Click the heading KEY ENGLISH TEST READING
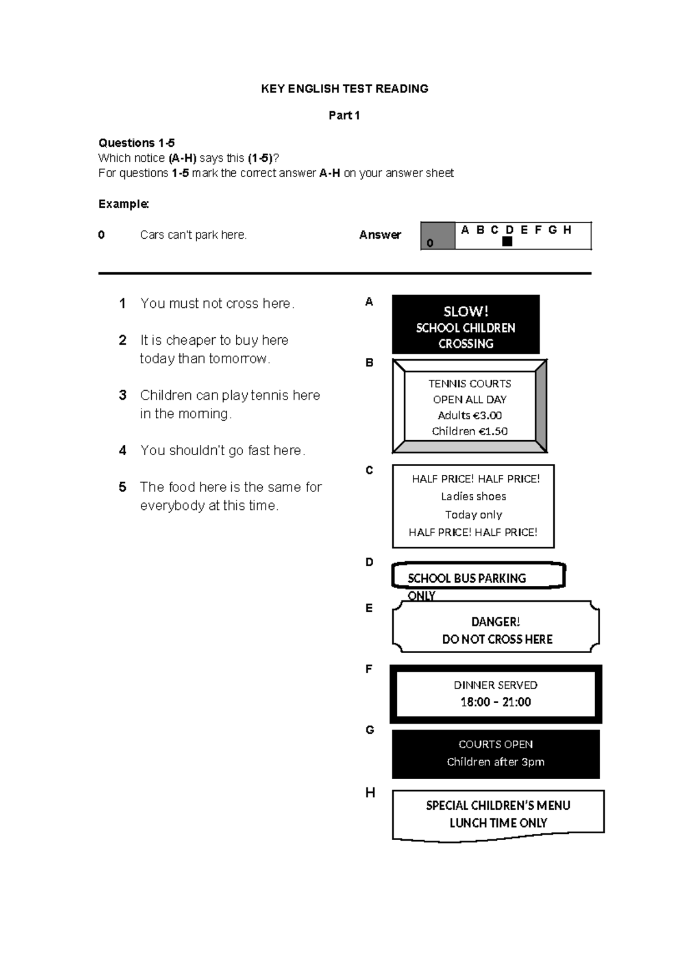(x=344, y=89)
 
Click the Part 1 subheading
(x=344, y=115)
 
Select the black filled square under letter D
(x=507, y=242)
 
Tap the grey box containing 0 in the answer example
(x=438, y=236)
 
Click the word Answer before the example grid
(x=379, y=235)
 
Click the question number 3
(x=122, y=395)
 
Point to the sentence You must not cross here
(x=217, y=304)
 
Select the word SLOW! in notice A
(x=466, y=311)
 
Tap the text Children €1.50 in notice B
(x=469, y=432)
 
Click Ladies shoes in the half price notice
(x=473, y=497)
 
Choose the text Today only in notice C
(x=473, y=515)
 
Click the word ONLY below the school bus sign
(x=421, y=596)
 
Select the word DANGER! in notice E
(x=495, y=622)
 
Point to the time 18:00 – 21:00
(x=495, y=702)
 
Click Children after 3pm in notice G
(x=495, y=762)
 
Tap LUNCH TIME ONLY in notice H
(x=498, y=823)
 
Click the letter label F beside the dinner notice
(x=369, y=669)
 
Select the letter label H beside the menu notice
(x=370, y=793)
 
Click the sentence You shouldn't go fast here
(x=223, y=451)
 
